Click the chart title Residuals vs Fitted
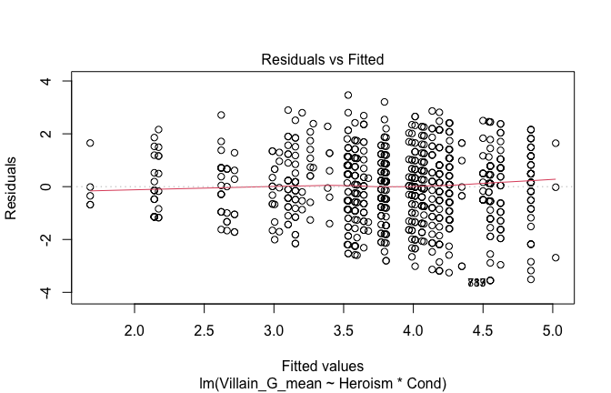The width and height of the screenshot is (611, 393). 323,59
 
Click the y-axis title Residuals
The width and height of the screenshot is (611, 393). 12,186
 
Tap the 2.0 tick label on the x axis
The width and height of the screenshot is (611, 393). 135,326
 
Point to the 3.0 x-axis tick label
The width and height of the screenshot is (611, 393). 275,326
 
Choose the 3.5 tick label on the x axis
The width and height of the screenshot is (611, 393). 345,326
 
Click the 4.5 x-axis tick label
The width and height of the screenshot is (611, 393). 484,326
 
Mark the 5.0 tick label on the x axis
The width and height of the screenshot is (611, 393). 553,326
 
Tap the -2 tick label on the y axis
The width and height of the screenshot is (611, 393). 42,239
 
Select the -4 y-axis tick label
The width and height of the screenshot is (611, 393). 42,292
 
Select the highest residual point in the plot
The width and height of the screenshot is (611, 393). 348,95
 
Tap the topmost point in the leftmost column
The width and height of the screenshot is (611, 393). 90,143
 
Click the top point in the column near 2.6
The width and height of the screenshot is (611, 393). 221,115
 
